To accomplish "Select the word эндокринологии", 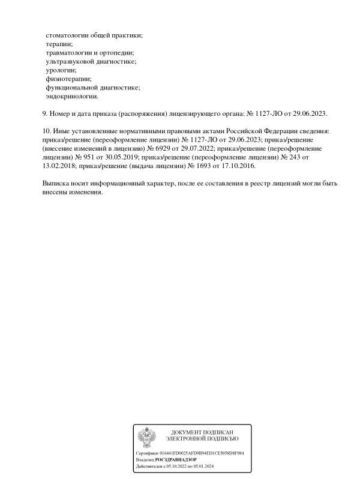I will click(x=71, y=96).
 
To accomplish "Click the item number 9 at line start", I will click(x=44, y=113).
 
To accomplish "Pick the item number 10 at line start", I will click(x=46, y=130).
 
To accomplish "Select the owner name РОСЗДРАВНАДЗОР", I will click(x=176, y=459).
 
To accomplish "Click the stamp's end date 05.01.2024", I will click(x=202, y=465).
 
